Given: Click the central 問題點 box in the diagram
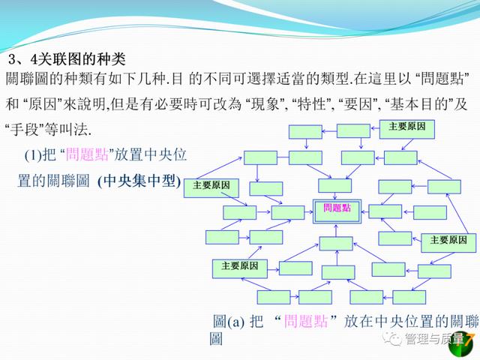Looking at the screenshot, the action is (337, 211).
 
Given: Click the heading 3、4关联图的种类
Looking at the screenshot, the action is (67, 59).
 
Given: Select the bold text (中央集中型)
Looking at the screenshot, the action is (139, 181).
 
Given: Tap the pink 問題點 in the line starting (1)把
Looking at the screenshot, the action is (87, 154).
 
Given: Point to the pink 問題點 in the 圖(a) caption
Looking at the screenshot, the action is (306, 322).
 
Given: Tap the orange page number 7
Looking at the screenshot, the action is (467, 339).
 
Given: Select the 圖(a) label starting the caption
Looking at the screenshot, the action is (229, 322).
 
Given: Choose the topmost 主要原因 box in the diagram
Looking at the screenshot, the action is (406, 129).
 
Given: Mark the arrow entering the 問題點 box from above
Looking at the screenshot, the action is (335, 196).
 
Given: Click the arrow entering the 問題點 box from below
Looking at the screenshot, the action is (336, 230).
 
